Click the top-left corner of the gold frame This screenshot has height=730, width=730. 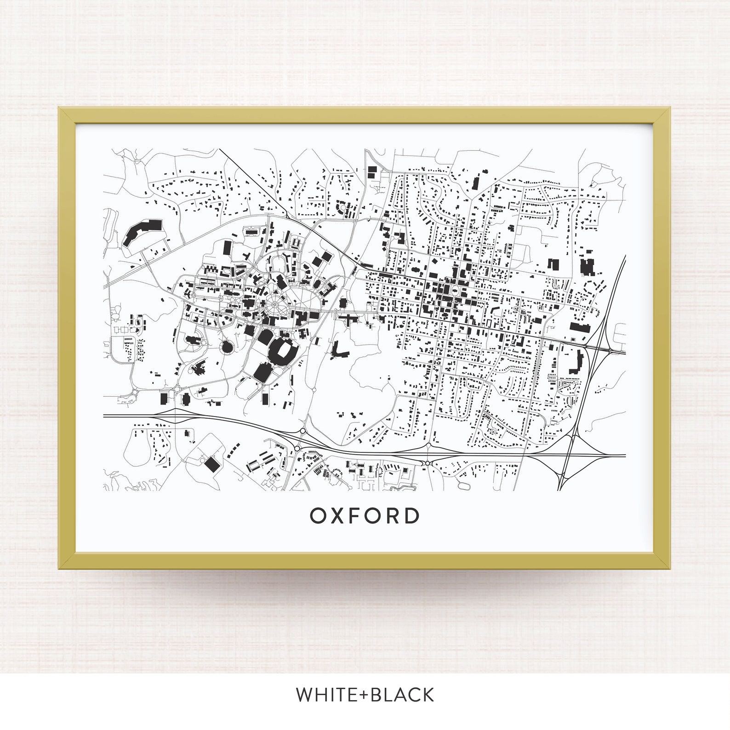[x=59, y=108]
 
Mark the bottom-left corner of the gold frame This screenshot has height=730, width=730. [x=59, y=568]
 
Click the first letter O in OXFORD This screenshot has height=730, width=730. [x=318, y=516]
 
